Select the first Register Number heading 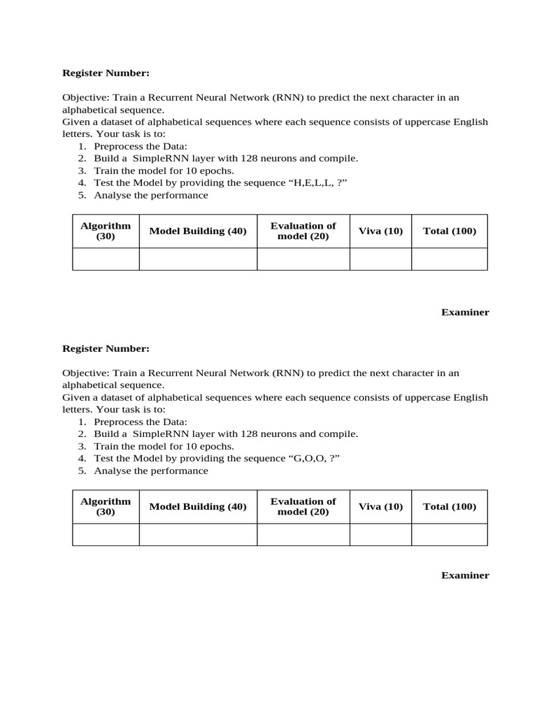pos(106,73)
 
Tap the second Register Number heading pos(106,348)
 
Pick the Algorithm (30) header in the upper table pos(106,231)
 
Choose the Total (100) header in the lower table pos(450,507)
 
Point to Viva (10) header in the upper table pos(380,231)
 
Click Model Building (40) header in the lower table pos(198,507)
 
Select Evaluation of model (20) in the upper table pos(303,231)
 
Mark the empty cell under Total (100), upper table pos(450,259)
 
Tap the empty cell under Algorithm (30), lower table pos(106,535)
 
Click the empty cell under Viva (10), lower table pos(380,535)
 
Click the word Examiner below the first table pos(465,313)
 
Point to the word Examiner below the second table pos(465,575)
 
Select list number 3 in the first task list pos(82,171)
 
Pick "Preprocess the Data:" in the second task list pos(141,422)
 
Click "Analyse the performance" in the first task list pos(151,195)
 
